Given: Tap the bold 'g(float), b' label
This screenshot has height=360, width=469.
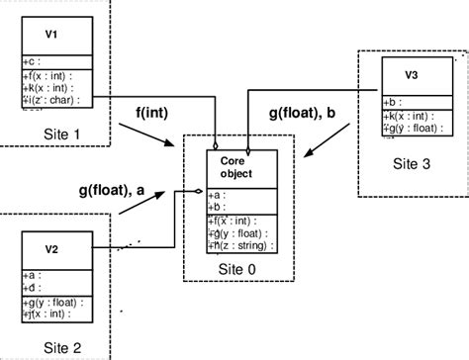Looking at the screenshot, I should (306, 114).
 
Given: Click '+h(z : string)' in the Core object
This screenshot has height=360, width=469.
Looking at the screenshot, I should (240, 245).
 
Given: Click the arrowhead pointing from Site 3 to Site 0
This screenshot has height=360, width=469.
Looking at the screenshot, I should (310, 155).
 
